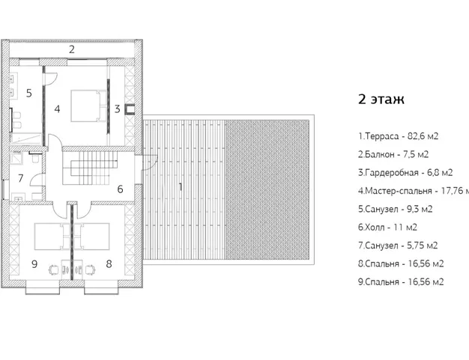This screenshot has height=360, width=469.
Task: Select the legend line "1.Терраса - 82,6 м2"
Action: (x=399, y=136)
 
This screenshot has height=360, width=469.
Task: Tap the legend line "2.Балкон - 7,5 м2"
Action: (x=393, y=154)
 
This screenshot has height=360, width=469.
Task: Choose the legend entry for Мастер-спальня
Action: (x=411, y=190)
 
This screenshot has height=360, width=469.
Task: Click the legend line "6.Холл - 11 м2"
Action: (x=387, y=226)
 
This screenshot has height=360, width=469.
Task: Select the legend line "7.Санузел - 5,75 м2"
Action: (x=398, y=245)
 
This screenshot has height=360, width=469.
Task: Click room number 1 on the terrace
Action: (x=180, y=186)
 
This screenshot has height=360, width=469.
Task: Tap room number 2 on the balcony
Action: (x=72, y=49)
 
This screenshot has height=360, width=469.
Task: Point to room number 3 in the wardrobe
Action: (x=117, y=109)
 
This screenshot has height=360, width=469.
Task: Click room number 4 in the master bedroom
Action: (x=56, y=109)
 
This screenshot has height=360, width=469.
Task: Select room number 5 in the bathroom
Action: (x=28, y=94)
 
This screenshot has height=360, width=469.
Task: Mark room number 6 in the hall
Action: (x=119, y=189)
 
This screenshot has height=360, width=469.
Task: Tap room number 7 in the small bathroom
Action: (x=21, y=178)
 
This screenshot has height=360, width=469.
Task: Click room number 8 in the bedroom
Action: (x=108, y=263)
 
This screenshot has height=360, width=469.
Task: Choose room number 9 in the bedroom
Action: (x=34, y=263)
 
